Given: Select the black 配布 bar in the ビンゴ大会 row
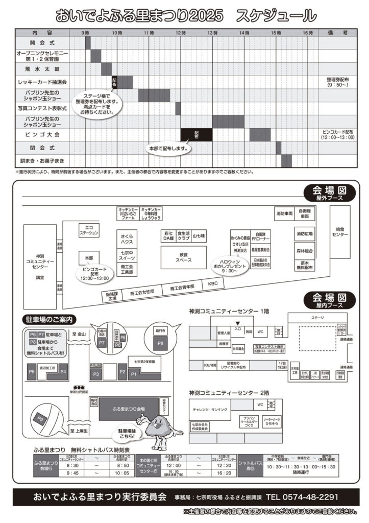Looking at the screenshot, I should [196, 134].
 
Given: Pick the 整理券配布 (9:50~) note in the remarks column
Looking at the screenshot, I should [337, 82].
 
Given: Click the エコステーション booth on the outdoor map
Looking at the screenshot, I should [89, 230].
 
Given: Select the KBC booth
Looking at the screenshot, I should [212, 283].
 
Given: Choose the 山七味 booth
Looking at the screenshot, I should [199, 235].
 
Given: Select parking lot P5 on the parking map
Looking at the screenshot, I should [32, 371].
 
